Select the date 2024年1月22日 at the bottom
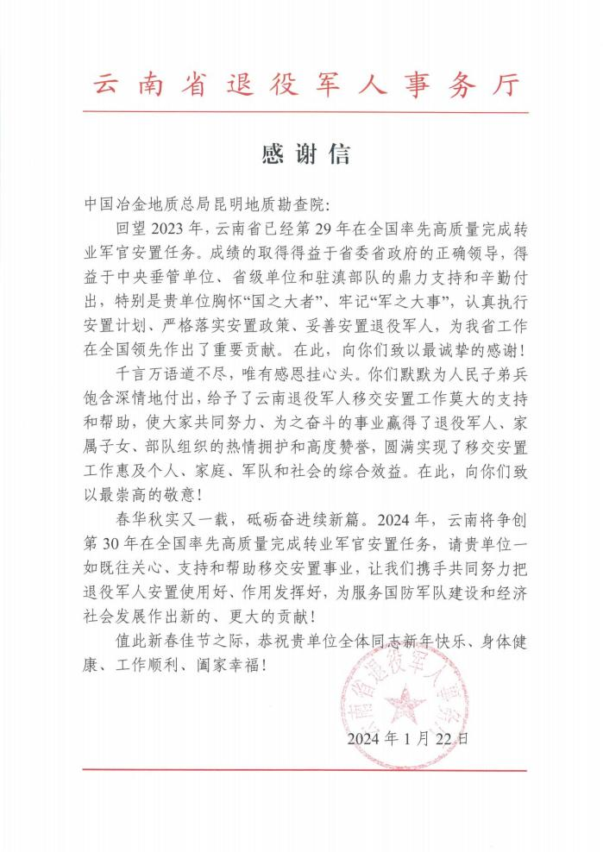408,738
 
